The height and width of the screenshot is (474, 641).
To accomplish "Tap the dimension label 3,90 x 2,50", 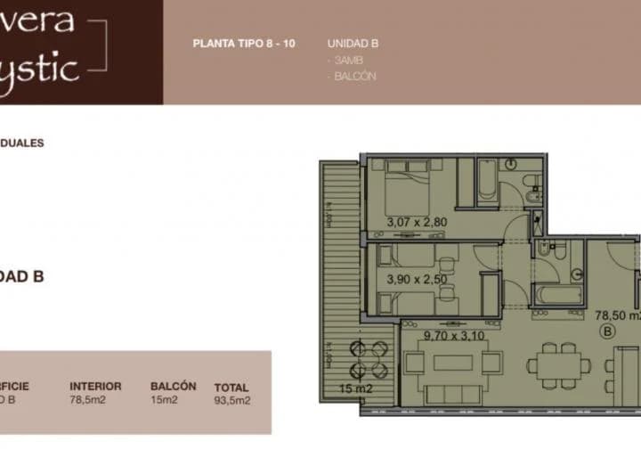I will coord(418,279).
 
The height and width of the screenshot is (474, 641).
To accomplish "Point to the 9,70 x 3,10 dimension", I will coord(455,336).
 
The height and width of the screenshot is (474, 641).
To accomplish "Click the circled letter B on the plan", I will coord(609,331).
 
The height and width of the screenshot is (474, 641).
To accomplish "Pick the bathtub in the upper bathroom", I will coord(487,182).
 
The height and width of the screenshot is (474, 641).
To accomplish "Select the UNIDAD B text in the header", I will coord(353,43).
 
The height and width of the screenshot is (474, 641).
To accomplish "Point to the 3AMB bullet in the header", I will coord(347,60).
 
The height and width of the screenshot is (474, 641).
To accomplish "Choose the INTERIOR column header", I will coord(95,387).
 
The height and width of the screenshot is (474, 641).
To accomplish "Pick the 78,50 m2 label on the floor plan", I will coord(616,315).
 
